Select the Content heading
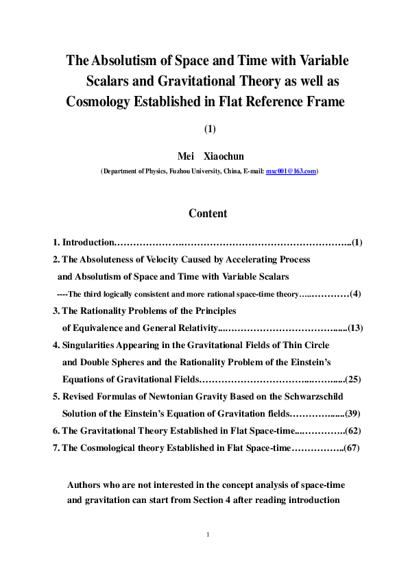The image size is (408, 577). [x=208, y=213]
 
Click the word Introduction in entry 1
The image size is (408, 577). [x=88, y=243]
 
